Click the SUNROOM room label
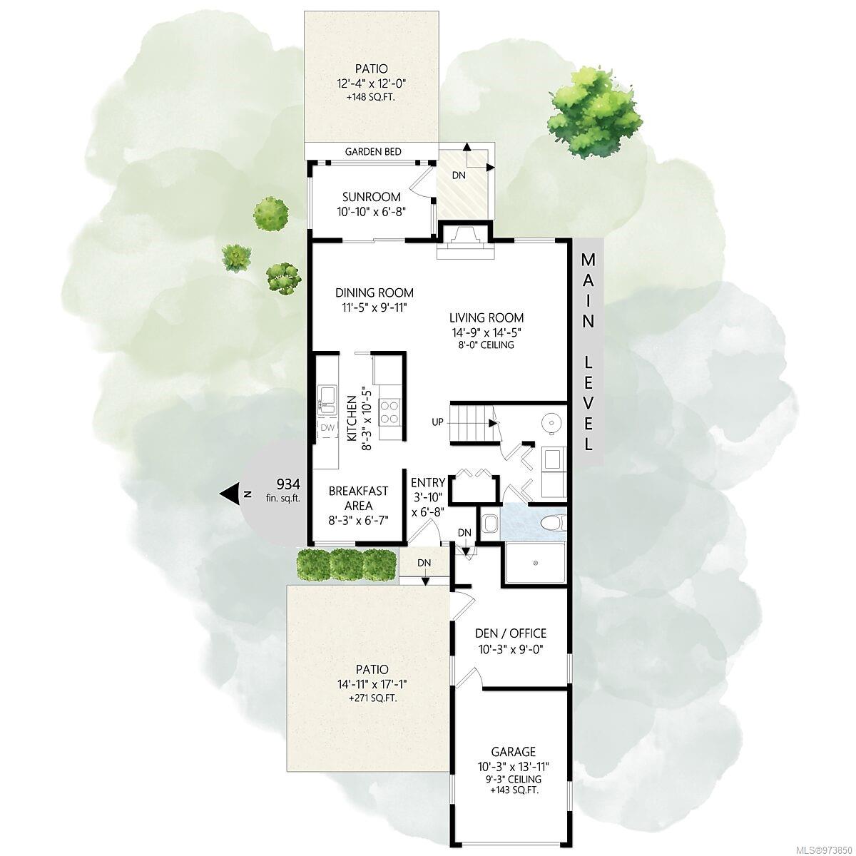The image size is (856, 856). tap(371, 197)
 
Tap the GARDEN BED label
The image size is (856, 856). tap(373, 151)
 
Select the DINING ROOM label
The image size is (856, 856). tap(374, 292)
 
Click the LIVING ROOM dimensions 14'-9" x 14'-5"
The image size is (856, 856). tap(486, 332)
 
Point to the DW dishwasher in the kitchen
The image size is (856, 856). tap(327, 428)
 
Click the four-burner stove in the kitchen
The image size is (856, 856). tap(389, 412)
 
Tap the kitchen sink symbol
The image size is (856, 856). tap(327, 400)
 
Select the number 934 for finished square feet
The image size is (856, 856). tap(288, 484)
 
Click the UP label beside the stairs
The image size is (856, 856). tap(437, 422)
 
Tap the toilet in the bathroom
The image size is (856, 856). tap(554, 522)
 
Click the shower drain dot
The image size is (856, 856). tap(536, 563)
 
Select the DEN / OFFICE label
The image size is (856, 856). tap(511, 633)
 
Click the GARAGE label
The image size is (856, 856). tap(513, 752)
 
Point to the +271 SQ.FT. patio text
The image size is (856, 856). tap(372, 698)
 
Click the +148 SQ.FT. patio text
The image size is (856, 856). tap(371, 97)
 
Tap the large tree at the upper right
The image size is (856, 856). tap(594, 111)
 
